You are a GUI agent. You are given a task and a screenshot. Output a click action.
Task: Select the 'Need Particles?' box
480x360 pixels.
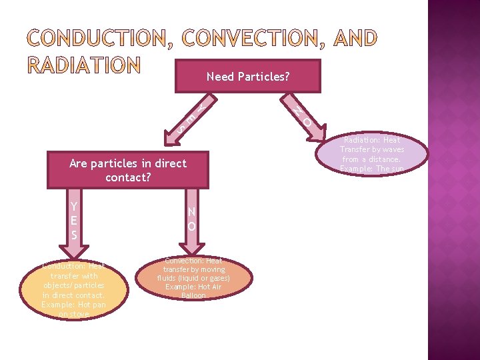coord(248,77)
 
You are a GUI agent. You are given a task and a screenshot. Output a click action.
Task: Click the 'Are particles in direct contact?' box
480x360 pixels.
coord(128,171)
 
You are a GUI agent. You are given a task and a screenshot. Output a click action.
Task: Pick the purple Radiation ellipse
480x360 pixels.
coord(372,154)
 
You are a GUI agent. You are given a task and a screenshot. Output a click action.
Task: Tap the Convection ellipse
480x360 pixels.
coord(193,278)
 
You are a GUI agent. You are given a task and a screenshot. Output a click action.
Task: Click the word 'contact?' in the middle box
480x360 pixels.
coord(128,178)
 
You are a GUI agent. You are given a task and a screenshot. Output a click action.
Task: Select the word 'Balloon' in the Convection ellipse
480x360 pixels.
coord(193,295)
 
